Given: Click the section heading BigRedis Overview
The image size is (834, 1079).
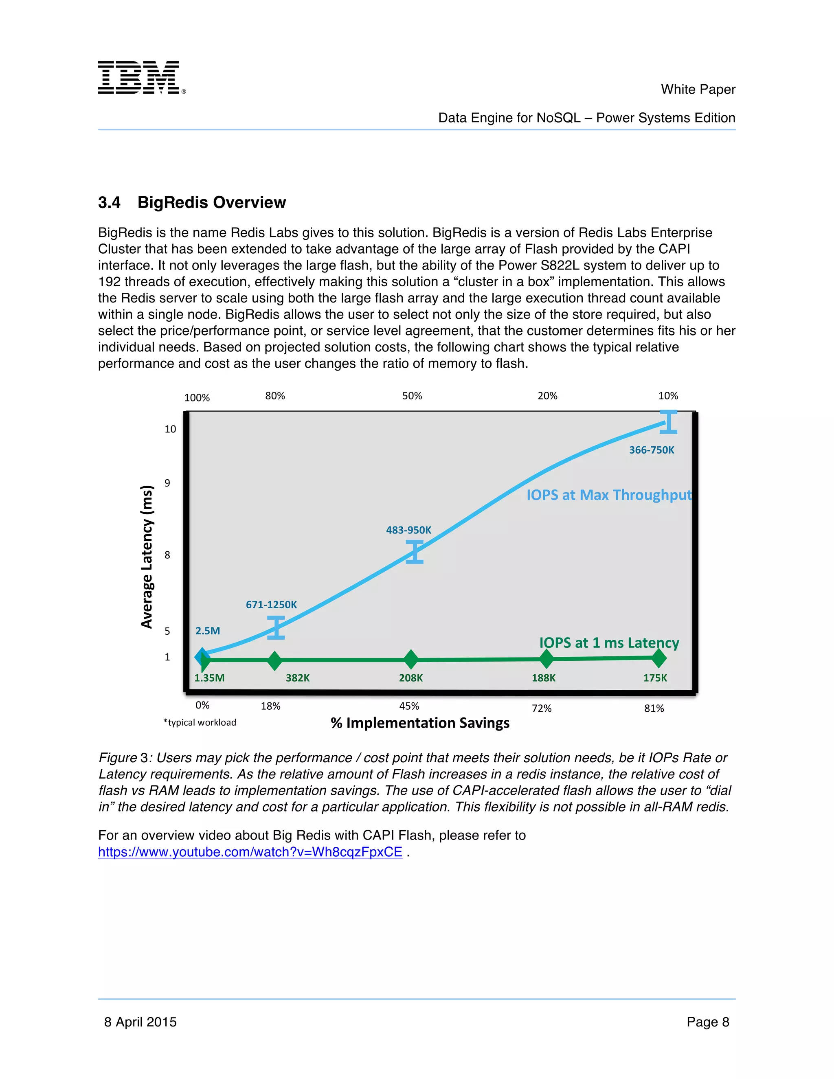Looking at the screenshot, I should click(x=192, y=202).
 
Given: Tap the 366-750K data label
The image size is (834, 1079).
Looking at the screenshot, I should click(x=651, y=450).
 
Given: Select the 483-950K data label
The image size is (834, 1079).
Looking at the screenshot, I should click(x=408, y=530).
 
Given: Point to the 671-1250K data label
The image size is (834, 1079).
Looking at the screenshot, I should click(x=271, y=605).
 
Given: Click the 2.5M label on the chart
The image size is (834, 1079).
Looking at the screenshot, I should click(x=208, y=631).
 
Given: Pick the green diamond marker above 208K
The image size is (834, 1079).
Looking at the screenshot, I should click(x=410, y=659).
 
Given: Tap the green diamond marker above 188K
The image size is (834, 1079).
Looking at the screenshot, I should click(x=546, y=658).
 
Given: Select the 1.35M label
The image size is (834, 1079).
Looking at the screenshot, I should click(x=209, y=678).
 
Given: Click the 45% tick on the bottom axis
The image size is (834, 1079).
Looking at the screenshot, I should click(x=409, y=706).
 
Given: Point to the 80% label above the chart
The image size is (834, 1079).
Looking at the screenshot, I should click(x=275, y=396).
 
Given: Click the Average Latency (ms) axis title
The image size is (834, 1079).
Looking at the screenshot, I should click(x=147, y=556).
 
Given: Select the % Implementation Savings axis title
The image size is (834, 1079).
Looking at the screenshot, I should click(x=420, y=723).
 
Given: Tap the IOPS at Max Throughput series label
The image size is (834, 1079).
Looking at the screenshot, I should click(x=609, y=495).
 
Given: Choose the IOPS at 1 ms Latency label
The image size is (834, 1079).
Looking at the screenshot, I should click(x=609, y=643).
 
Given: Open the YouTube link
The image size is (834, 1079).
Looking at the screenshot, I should click(x=250, y=852).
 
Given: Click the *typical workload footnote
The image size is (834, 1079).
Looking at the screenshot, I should click(x=200, y=722).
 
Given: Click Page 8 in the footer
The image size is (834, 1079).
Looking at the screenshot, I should click(x=707, y=1022).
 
